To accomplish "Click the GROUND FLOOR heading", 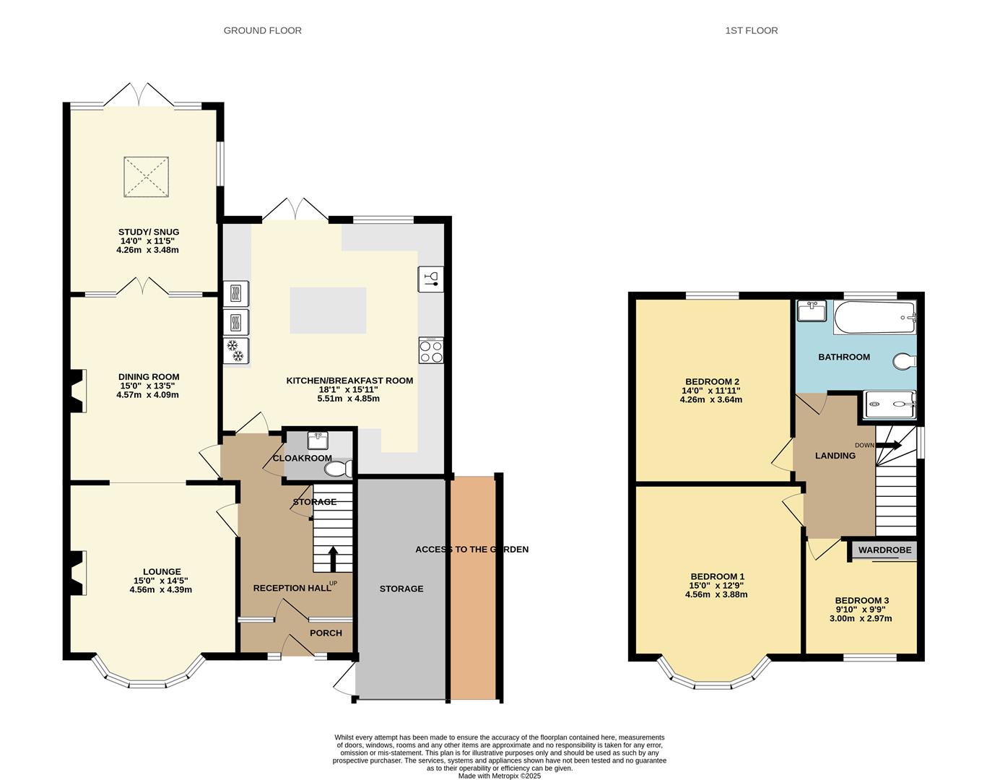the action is coord(262,31).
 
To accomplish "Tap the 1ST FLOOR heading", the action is coord(751,31).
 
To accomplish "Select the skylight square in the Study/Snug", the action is coord(147,177).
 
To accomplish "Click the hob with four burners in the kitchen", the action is coord(431,351).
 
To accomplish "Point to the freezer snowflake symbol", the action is coord(236,350).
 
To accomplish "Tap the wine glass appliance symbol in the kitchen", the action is coord(431,279).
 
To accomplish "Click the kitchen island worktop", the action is coord(328,310).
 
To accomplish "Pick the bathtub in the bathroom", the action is coord(874,318).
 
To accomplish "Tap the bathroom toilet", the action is coord(905,360).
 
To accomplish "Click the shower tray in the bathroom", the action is coord(890,404).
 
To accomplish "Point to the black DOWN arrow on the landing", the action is coord(888,445).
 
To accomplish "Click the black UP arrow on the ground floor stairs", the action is coord(334,559).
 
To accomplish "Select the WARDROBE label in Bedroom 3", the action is coord(884,550).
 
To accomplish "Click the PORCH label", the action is coord(326,633).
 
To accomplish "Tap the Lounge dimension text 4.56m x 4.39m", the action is coord(160,589).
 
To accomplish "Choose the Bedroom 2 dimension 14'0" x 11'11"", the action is coord(711,391).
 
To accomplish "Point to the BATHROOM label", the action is coord(844,357).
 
